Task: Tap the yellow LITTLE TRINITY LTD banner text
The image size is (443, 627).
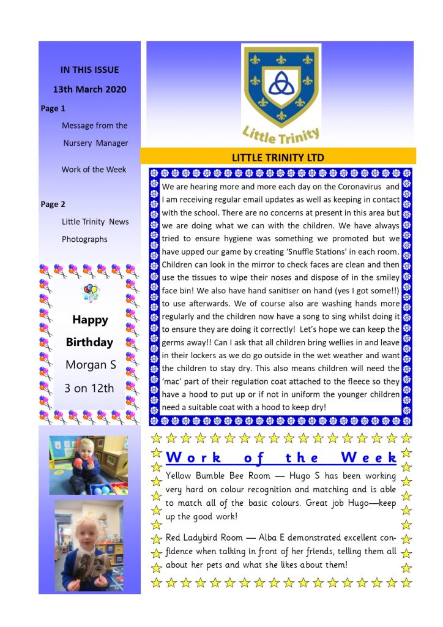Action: pos(278,157)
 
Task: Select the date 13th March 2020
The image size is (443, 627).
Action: pos(89,89)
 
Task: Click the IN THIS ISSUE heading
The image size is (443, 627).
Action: pos(89,70)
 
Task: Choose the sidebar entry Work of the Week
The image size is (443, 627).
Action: pos(94,170)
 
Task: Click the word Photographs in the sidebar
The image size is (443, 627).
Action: pos(84,239)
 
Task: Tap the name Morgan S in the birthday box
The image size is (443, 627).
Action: pos(90,365)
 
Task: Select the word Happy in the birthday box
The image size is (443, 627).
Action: pos(90,320)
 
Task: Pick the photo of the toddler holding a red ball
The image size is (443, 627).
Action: pos(88,465)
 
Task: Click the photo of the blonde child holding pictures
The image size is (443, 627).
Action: pos(88,545)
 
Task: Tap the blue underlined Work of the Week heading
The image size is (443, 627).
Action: pos(281,457)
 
